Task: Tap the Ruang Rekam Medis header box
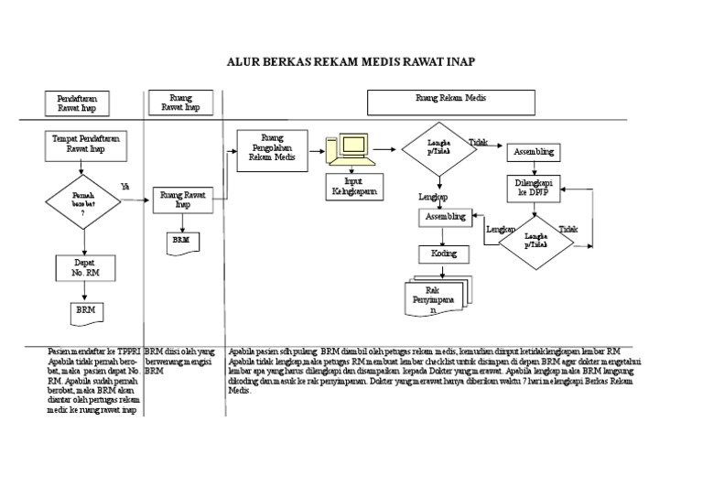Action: pos(451,102)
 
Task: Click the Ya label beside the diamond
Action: pos(125,187)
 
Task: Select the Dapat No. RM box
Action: pos(84,267)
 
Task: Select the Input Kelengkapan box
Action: pos(354,187)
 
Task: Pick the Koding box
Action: pos(444,254)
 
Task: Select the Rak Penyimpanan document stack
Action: pos(437,297)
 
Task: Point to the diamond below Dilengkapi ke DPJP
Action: pos(535,242)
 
